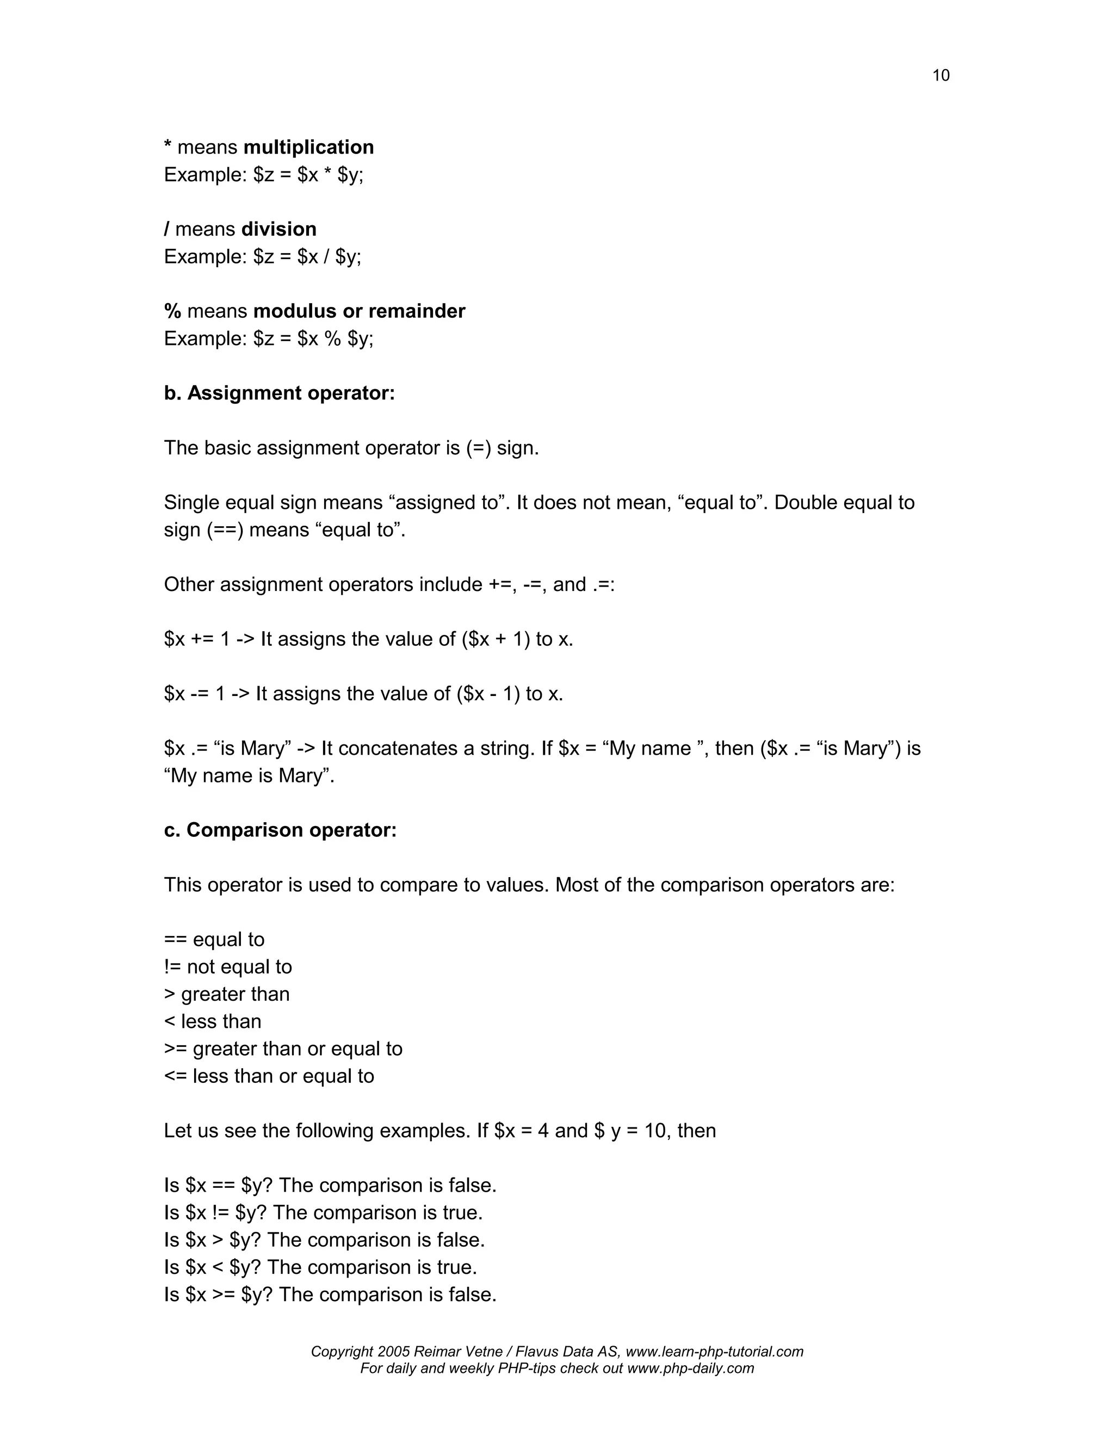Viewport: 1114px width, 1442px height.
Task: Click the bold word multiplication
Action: (x=308, y=147)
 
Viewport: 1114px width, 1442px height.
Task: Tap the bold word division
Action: (x=278, y=229)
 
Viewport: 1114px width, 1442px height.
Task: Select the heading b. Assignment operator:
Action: (x=279, y=393)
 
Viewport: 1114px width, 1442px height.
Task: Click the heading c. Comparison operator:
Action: (x=280, y=830)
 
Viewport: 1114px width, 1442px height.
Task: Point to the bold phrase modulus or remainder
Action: (x=359, y=311)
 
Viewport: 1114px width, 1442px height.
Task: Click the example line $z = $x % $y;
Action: (x=313, y=338)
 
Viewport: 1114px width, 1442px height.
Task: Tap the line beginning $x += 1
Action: (x=368, y=639)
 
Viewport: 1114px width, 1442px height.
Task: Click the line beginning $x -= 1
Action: (x=363, y=694)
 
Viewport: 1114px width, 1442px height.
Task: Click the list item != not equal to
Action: (x=228, y=966)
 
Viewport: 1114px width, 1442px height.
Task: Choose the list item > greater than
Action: (x=226, y=994)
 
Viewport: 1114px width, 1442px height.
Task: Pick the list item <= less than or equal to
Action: (x=269, y=1076)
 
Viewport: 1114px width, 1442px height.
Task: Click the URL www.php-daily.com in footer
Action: (x=690, y=1369)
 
